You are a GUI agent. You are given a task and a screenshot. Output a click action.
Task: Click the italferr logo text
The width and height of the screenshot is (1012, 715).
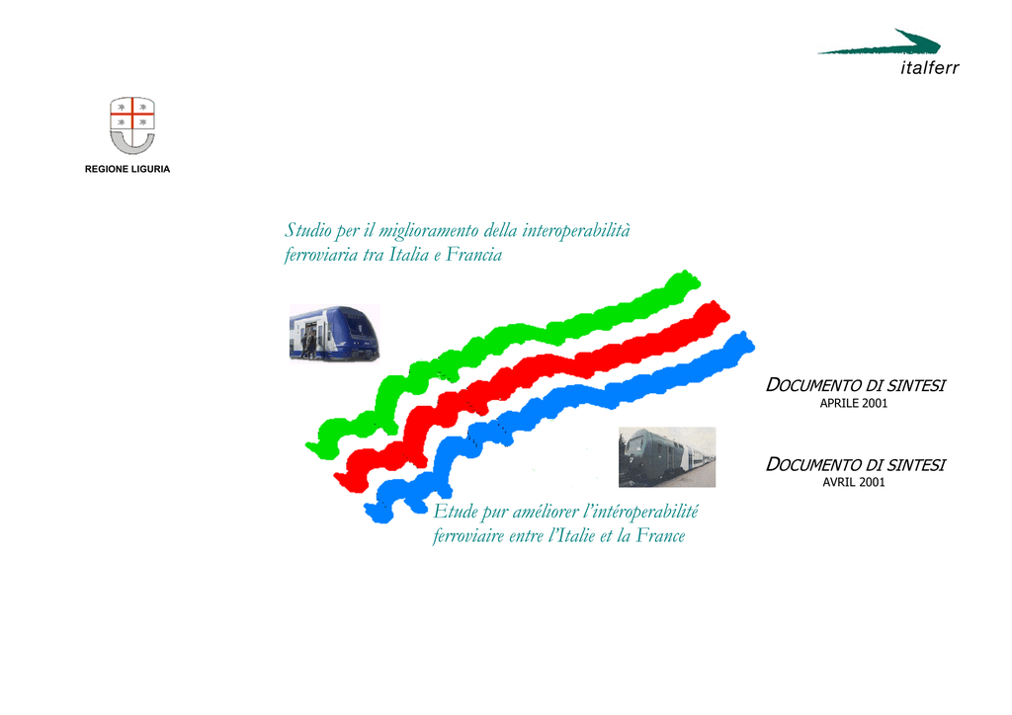pyautogui.click(x=929, y=68)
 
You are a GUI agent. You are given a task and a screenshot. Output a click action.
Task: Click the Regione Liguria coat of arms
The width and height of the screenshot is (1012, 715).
pyautogui.click(x=132, y=125)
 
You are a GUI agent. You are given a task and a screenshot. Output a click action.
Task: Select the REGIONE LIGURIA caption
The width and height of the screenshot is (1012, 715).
pyautogui.click(x=127, y=169)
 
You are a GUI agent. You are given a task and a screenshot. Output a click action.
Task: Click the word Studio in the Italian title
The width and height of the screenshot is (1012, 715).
pyautogui.click(x=308, y=230)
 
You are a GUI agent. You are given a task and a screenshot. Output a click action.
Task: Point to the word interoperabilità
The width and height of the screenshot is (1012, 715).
pyautogui.click(x=576, y=231)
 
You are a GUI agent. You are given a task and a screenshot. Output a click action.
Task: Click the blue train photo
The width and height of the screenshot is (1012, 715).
pyautogui.click(x=334, y=333)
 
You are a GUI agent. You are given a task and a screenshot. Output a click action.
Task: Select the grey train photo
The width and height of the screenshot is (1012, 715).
pyautogui.click(x=667, y=456)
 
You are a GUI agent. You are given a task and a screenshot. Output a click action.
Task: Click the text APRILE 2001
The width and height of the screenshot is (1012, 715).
pyautogui.click(x=853, y=404)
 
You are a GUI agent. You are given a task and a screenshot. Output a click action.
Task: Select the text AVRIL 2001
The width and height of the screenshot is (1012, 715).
pyautogui.click(x=853, y=482)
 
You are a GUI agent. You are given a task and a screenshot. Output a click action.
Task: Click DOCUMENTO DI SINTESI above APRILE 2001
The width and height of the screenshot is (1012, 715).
pyautogui.click(x=855, y=385)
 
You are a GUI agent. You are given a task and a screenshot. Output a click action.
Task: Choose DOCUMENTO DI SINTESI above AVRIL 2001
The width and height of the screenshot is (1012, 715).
pyautogui.click(x=855, y=465)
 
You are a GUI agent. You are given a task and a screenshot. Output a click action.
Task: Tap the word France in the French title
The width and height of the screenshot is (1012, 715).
pyautogui.click(x=660, y=536)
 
